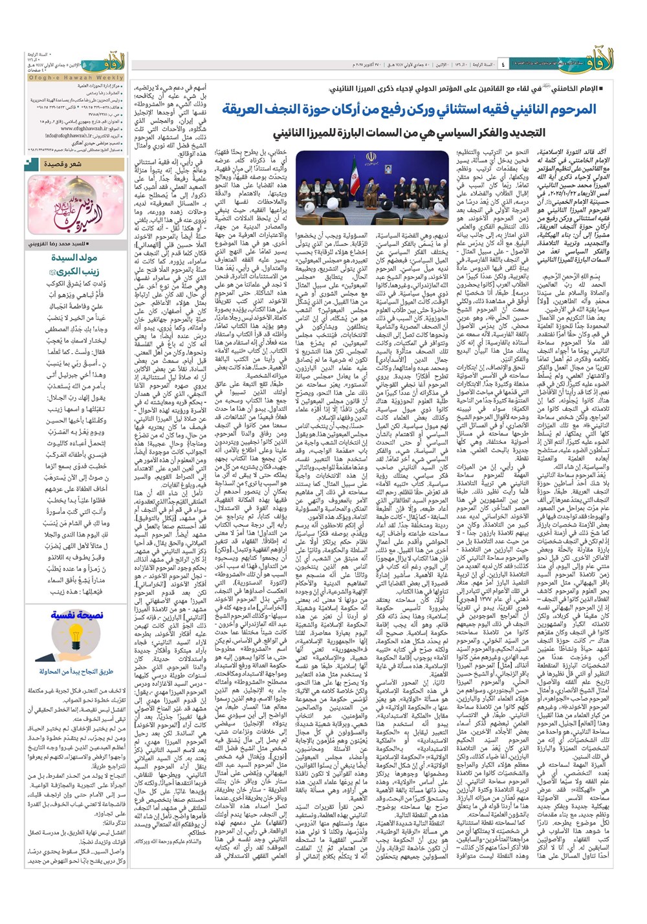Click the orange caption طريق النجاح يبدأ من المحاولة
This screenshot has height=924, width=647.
tap(76, 671)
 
